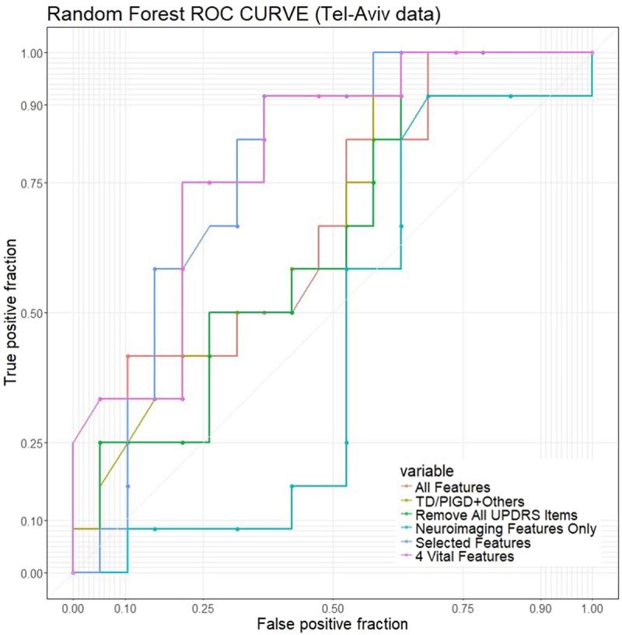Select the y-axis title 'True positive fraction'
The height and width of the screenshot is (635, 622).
(x=12, y=312)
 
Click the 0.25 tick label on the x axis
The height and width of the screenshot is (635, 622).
(x=202, y=603)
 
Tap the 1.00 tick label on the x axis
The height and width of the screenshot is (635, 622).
(x=592, y=603)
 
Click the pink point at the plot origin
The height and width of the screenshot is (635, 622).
(x=73, y=573)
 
